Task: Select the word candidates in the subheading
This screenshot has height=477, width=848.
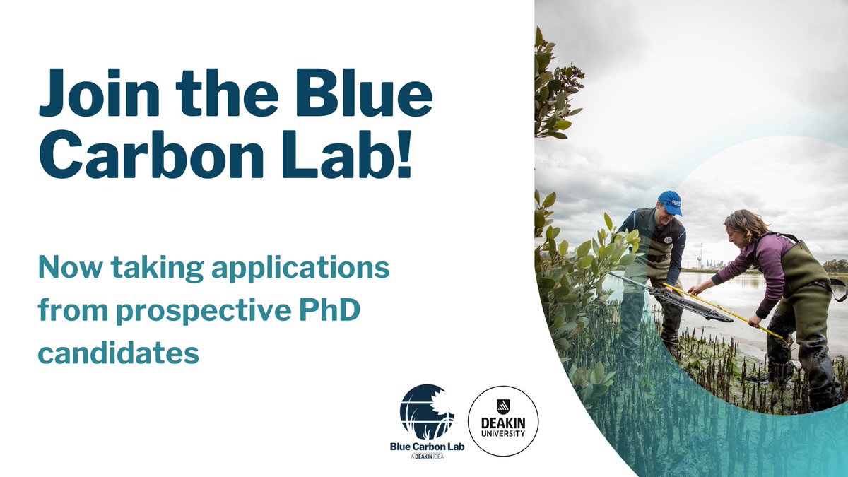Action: pos(118,352)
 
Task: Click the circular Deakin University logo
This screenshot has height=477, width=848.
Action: pos(503,421)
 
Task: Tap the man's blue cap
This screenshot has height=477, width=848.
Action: pos(669,201)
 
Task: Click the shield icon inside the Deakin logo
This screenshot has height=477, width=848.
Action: pos(503,406)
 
